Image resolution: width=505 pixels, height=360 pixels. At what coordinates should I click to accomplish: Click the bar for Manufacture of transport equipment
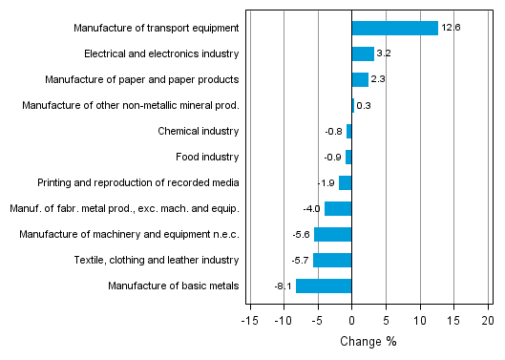click(394, 29)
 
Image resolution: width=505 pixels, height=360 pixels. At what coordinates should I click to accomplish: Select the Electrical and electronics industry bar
click(363, 54)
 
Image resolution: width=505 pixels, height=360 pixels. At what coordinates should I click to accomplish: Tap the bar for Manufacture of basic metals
click(324, 286)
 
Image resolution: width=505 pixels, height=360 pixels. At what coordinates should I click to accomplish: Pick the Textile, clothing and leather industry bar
click(332, 260)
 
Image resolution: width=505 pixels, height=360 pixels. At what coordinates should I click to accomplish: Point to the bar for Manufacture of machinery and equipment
click(332, 234)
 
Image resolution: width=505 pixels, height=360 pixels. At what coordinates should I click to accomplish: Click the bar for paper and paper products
click(360, 80)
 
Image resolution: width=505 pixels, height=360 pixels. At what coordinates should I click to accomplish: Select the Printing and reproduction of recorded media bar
click(346, 182)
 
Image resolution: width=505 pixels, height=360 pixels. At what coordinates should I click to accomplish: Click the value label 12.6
click(452, 29)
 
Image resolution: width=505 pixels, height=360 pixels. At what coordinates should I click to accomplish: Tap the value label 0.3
click(364, 106)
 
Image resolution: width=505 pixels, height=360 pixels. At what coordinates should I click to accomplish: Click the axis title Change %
click(368, 341)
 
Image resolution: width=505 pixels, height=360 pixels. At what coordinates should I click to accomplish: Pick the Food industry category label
click(207, 157)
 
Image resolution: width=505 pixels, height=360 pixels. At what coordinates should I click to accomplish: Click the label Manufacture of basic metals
click(174, 286)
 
